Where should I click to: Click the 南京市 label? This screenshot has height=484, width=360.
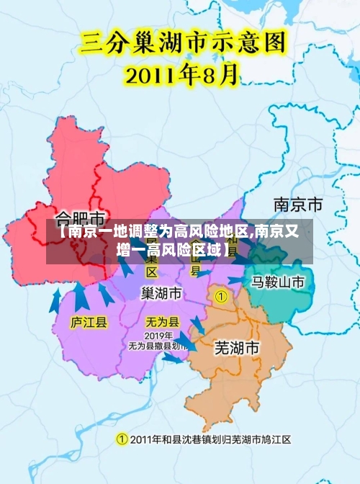297,204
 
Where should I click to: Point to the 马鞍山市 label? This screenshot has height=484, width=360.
278,282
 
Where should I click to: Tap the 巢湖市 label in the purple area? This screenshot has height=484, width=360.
161,294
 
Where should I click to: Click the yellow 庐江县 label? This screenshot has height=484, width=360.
89,322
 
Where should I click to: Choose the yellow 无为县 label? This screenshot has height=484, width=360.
163,322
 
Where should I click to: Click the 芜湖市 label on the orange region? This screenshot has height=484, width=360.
237,347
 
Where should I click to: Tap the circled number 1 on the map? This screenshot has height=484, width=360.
221,295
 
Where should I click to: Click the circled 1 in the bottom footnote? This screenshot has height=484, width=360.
122,439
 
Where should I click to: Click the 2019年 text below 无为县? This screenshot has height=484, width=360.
158,336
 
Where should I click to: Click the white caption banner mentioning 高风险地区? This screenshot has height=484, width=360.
179,241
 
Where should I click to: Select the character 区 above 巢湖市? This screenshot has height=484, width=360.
152,272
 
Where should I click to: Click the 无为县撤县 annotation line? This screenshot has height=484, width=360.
158,346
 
